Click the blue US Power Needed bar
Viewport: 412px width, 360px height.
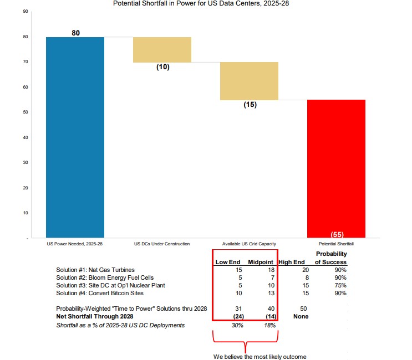(x=75, y=137)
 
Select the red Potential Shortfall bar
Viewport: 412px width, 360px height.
(x=336, y=166)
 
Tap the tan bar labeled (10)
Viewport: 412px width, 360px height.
(x=162, y=50)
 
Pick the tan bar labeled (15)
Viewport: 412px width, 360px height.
(x=249, y=81)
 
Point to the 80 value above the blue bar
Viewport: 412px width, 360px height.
(x=76, y=33)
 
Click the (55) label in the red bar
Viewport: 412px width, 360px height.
(x=337, y=234)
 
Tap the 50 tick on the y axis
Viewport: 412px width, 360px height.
(x=26, y=112)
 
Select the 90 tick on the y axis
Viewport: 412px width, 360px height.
(x=26, y=11)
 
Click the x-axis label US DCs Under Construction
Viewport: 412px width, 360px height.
(x=162, y=244)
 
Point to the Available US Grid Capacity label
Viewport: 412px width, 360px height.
(x=249, y=244)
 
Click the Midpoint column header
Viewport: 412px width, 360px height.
(x=260, y=262)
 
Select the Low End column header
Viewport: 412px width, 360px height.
(x=227, y=262)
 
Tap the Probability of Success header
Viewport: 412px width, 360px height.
(x=331, y=258)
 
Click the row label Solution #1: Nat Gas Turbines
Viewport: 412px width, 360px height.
(x=95, y=270)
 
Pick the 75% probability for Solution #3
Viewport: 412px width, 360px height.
(x=340, y=285)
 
